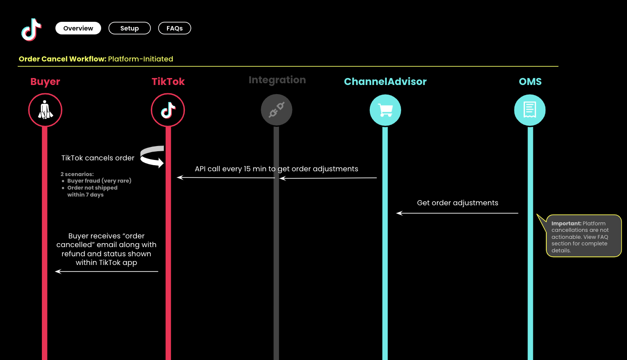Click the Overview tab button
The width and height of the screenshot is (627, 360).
point(78,28)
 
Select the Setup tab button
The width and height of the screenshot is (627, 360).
point(129,28)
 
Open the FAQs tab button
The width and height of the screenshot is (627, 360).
point(174,28)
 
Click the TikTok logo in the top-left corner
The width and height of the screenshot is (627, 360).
point(31,30)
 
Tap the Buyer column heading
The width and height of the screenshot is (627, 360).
point(45,82)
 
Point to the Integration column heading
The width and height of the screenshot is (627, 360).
point(277,80)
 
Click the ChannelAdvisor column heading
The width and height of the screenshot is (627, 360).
point(385,82)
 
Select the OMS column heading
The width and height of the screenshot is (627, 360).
point(530,82)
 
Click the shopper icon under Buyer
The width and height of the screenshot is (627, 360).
point(45,110)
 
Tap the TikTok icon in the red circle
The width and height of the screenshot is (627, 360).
point(168,110)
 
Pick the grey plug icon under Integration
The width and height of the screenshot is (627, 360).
point(276,110)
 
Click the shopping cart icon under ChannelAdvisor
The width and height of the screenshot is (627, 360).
point(385,110)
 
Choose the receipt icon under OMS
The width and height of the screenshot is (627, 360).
point(530,110)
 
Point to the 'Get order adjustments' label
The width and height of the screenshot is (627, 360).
point(457,203)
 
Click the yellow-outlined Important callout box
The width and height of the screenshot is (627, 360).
point(583,236)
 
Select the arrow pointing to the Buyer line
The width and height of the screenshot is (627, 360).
point(106,272)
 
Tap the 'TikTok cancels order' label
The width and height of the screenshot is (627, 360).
point(98,158)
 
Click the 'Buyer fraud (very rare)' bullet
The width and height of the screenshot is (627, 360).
point(99,181)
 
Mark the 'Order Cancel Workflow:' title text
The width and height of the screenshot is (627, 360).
point(62,59)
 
